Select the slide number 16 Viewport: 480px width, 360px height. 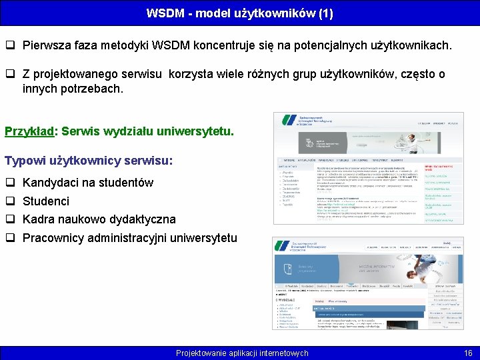pyautogui.click(x=467, y=353)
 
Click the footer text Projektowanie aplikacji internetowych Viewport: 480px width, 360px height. pyautogui.click(x=242, y=353)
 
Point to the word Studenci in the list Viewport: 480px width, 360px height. pyautogui.click(x=46, y=201)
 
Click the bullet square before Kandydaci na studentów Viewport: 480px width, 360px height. pyautogui.click(x=11, y=183)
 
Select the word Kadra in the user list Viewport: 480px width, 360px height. pyautogui.click(x=37, y=219)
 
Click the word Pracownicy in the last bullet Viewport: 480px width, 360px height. pyautogui.click(x=52, y=238)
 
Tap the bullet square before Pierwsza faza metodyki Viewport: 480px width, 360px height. pyautogui.click(x=11, y=46)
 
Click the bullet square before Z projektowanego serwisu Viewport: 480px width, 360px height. pyautogui.click(x=11, y=74)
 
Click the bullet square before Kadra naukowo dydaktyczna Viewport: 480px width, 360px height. pyautogui.click(x=11, y=219)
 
